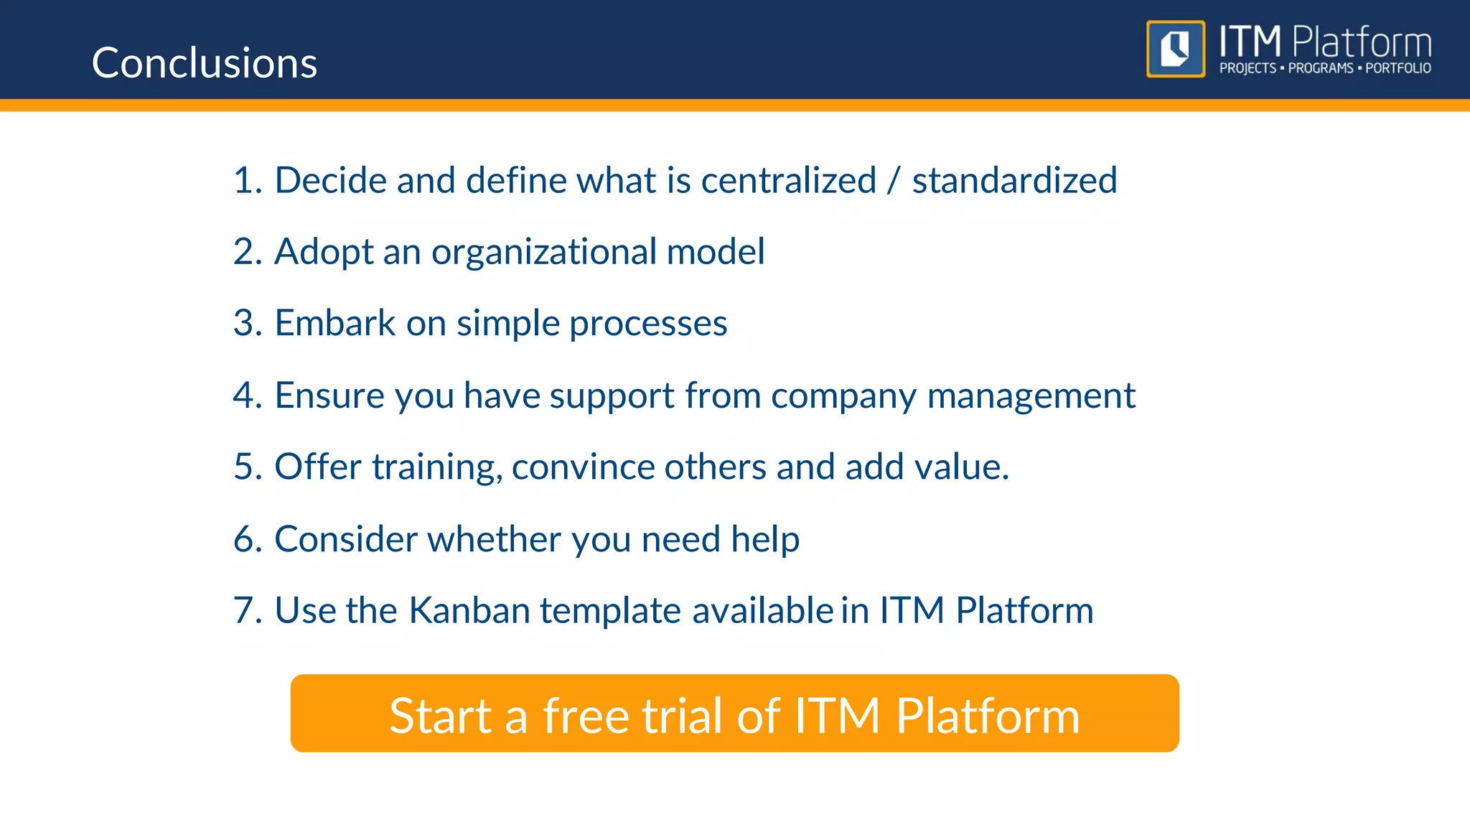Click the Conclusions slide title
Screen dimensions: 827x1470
pyautogui.click(x=205, y=63)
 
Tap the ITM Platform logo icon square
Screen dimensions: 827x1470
pyautogui.click(x=1175, y=49)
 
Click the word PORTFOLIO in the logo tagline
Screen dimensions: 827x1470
pyautogui.click(x=1398, y=68)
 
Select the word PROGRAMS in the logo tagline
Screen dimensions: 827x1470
pyautogui.click(x=1320, y=68)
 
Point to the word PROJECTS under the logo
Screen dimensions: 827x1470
pyautogui.click(x=1247, y=68)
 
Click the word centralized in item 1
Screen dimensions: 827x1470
pyautogui.click(x=788, y=180)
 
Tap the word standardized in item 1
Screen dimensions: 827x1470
pyautogui.click(x=1014, y=180)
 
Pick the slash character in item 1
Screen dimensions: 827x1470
pyautogui.click(x=893, y=180)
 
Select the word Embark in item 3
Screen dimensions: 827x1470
pyautogui.click(x=334, y=323)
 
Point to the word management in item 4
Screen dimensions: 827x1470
pyautogui.click(x=1031, y=396)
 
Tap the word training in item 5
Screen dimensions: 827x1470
pyautogui.click(x=437, y=468)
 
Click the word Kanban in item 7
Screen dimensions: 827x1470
pyautogui.click(x=469, y=611)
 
